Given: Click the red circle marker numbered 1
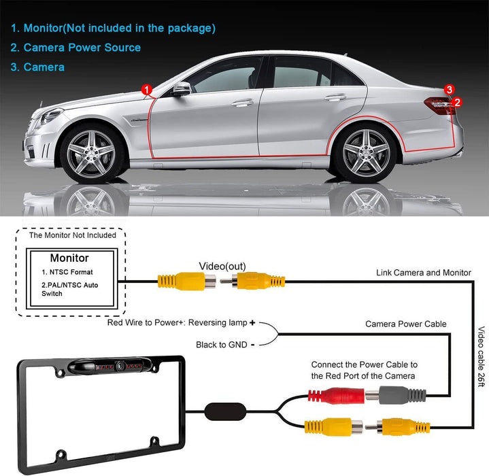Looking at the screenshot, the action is tap(147, 90).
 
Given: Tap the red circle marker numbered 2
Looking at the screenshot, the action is tap(457, 102).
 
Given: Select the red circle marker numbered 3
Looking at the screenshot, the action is tap(449, 90).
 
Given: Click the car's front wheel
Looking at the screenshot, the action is tap(91, 154).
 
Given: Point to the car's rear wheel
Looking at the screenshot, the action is tap(366, 153).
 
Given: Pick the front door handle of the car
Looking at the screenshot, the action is tap(243, 103).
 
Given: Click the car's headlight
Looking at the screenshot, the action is tap(51, 116).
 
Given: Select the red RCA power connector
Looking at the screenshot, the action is tap(336, 396).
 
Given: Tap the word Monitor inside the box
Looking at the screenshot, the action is tap(69, 258).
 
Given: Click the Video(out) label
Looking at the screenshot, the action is tap(222, 266).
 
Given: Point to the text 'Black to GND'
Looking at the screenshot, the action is tap(222, 345).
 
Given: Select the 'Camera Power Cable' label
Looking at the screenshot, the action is tap(406, 324).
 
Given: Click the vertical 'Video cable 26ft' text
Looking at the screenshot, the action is tap(482, 356).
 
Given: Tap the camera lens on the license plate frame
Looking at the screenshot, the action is tap(120, 365).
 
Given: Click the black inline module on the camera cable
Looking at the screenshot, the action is tap(225, 411).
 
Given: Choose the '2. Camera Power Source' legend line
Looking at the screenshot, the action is tap(75, 48).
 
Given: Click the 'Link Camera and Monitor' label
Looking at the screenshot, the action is tap(424, 273).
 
